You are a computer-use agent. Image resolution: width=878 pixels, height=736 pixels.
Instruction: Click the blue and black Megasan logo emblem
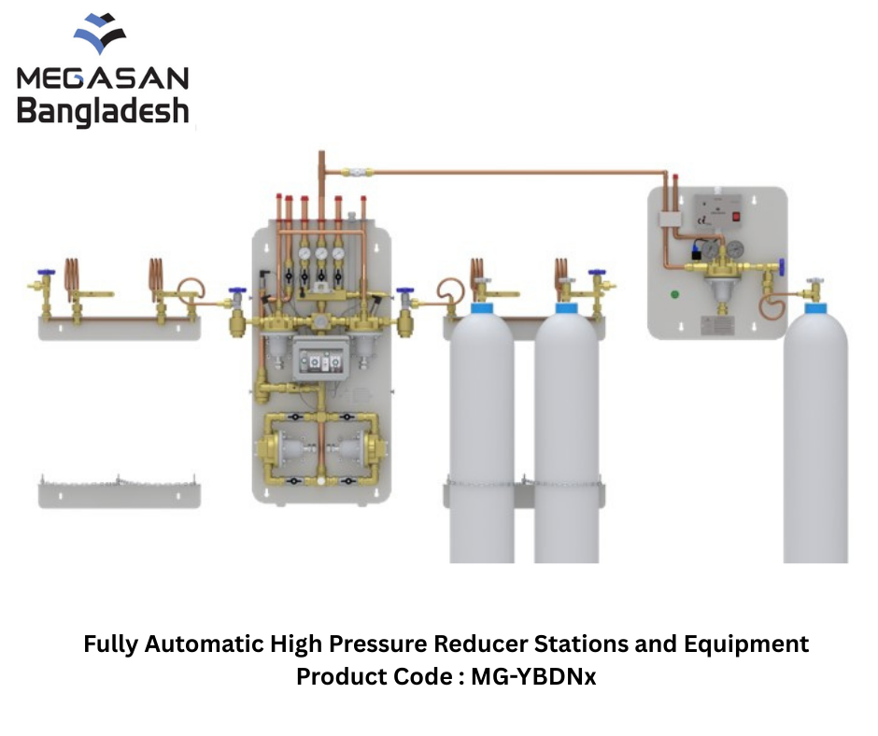(x=100, y=34)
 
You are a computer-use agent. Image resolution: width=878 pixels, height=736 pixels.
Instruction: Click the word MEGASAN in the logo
(x=103, y=78)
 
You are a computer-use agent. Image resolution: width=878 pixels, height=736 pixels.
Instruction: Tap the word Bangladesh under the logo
(x=103, y=111)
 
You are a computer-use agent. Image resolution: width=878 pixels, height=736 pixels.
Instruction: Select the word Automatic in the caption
(x=205, y=644)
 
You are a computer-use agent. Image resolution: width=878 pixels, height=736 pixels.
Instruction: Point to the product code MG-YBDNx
(x=533, y=676)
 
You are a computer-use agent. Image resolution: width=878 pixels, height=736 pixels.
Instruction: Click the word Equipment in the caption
(x=746, y=644)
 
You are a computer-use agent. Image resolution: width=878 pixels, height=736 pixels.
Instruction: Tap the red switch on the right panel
(x=736, y=216)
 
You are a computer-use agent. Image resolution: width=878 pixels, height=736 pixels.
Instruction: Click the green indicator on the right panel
(x=674, y=294)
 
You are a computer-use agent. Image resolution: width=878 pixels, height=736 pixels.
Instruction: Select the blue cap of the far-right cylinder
(x=815, y=308)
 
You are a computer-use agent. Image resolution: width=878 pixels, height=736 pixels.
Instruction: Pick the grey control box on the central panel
(x=321, y=359)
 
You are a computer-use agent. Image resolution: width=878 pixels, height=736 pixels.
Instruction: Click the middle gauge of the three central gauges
(x=321, y=253)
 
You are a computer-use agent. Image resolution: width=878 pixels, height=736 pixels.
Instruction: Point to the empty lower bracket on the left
(x=120, y=493)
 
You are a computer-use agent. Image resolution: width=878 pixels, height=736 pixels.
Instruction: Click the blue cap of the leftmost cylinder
(x=482, y=308)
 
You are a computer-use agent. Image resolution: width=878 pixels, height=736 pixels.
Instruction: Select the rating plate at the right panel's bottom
(x=718, y=325)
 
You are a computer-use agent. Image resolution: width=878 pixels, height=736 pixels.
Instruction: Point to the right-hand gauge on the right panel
(x=734, y=248)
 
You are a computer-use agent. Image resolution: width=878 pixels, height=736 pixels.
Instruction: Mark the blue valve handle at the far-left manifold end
(x=46, y=273)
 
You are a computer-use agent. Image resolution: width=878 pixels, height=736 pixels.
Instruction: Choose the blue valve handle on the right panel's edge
(x=781, y=267)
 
